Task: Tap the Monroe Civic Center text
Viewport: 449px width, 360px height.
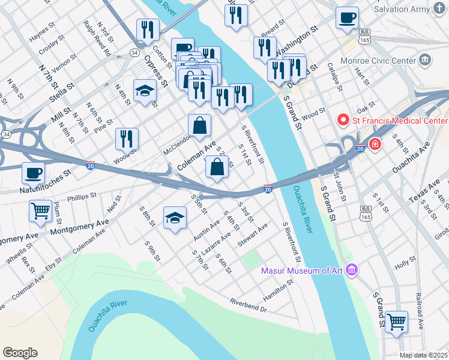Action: (x=378, y=61)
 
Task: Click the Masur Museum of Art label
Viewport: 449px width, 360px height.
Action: (x=301, y=271)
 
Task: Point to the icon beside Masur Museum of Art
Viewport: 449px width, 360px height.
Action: (x=351, y=271)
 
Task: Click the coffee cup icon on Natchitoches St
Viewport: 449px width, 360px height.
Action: (x=34, y=173)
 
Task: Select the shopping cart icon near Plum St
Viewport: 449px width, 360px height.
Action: (x=40, y=211)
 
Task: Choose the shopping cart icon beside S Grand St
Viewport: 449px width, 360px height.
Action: (x=396, y=322)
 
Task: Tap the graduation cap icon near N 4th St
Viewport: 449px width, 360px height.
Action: (x=145, y=91)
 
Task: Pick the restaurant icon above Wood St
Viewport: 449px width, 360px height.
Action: (x=127, y=139)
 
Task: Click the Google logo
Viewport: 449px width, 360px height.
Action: (x=20, y=353)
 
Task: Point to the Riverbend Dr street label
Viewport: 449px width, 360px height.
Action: (x=249, y=304)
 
